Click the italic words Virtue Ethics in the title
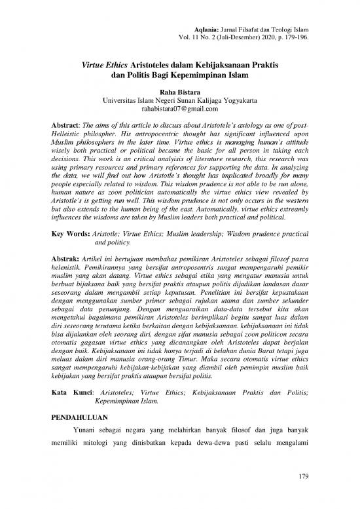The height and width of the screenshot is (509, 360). tap(107, 66)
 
